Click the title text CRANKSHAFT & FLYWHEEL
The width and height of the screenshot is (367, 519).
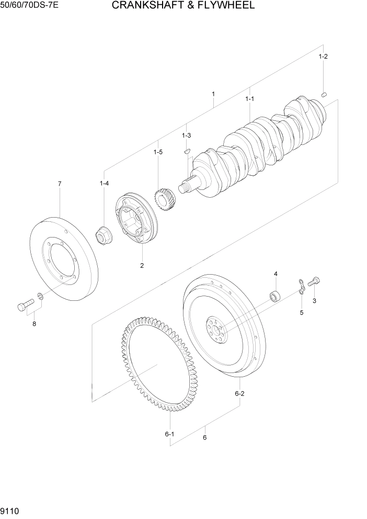(183, 6)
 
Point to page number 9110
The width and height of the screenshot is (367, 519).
(12, 509)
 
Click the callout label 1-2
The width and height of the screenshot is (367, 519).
(323, 57)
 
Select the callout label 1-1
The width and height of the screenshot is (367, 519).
(249, 98)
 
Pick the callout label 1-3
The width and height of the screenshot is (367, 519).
(186, 136)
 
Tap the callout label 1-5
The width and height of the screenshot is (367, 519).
(158, 152)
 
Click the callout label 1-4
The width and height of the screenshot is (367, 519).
(104, 183)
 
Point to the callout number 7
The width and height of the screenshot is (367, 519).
(60, 184)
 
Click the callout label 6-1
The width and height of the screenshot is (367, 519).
(169, 434)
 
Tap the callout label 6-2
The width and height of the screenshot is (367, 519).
(240, 393)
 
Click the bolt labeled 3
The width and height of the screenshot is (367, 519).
(313, 281)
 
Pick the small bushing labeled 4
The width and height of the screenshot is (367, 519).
(274, 296)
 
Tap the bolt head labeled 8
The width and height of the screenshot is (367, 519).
(22, 306)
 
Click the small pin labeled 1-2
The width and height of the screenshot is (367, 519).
(324, 95)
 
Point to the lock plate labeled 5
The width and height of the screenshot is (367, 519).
(302, 288)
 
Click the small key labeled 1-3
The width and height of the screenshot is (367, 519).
(187, 151)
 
